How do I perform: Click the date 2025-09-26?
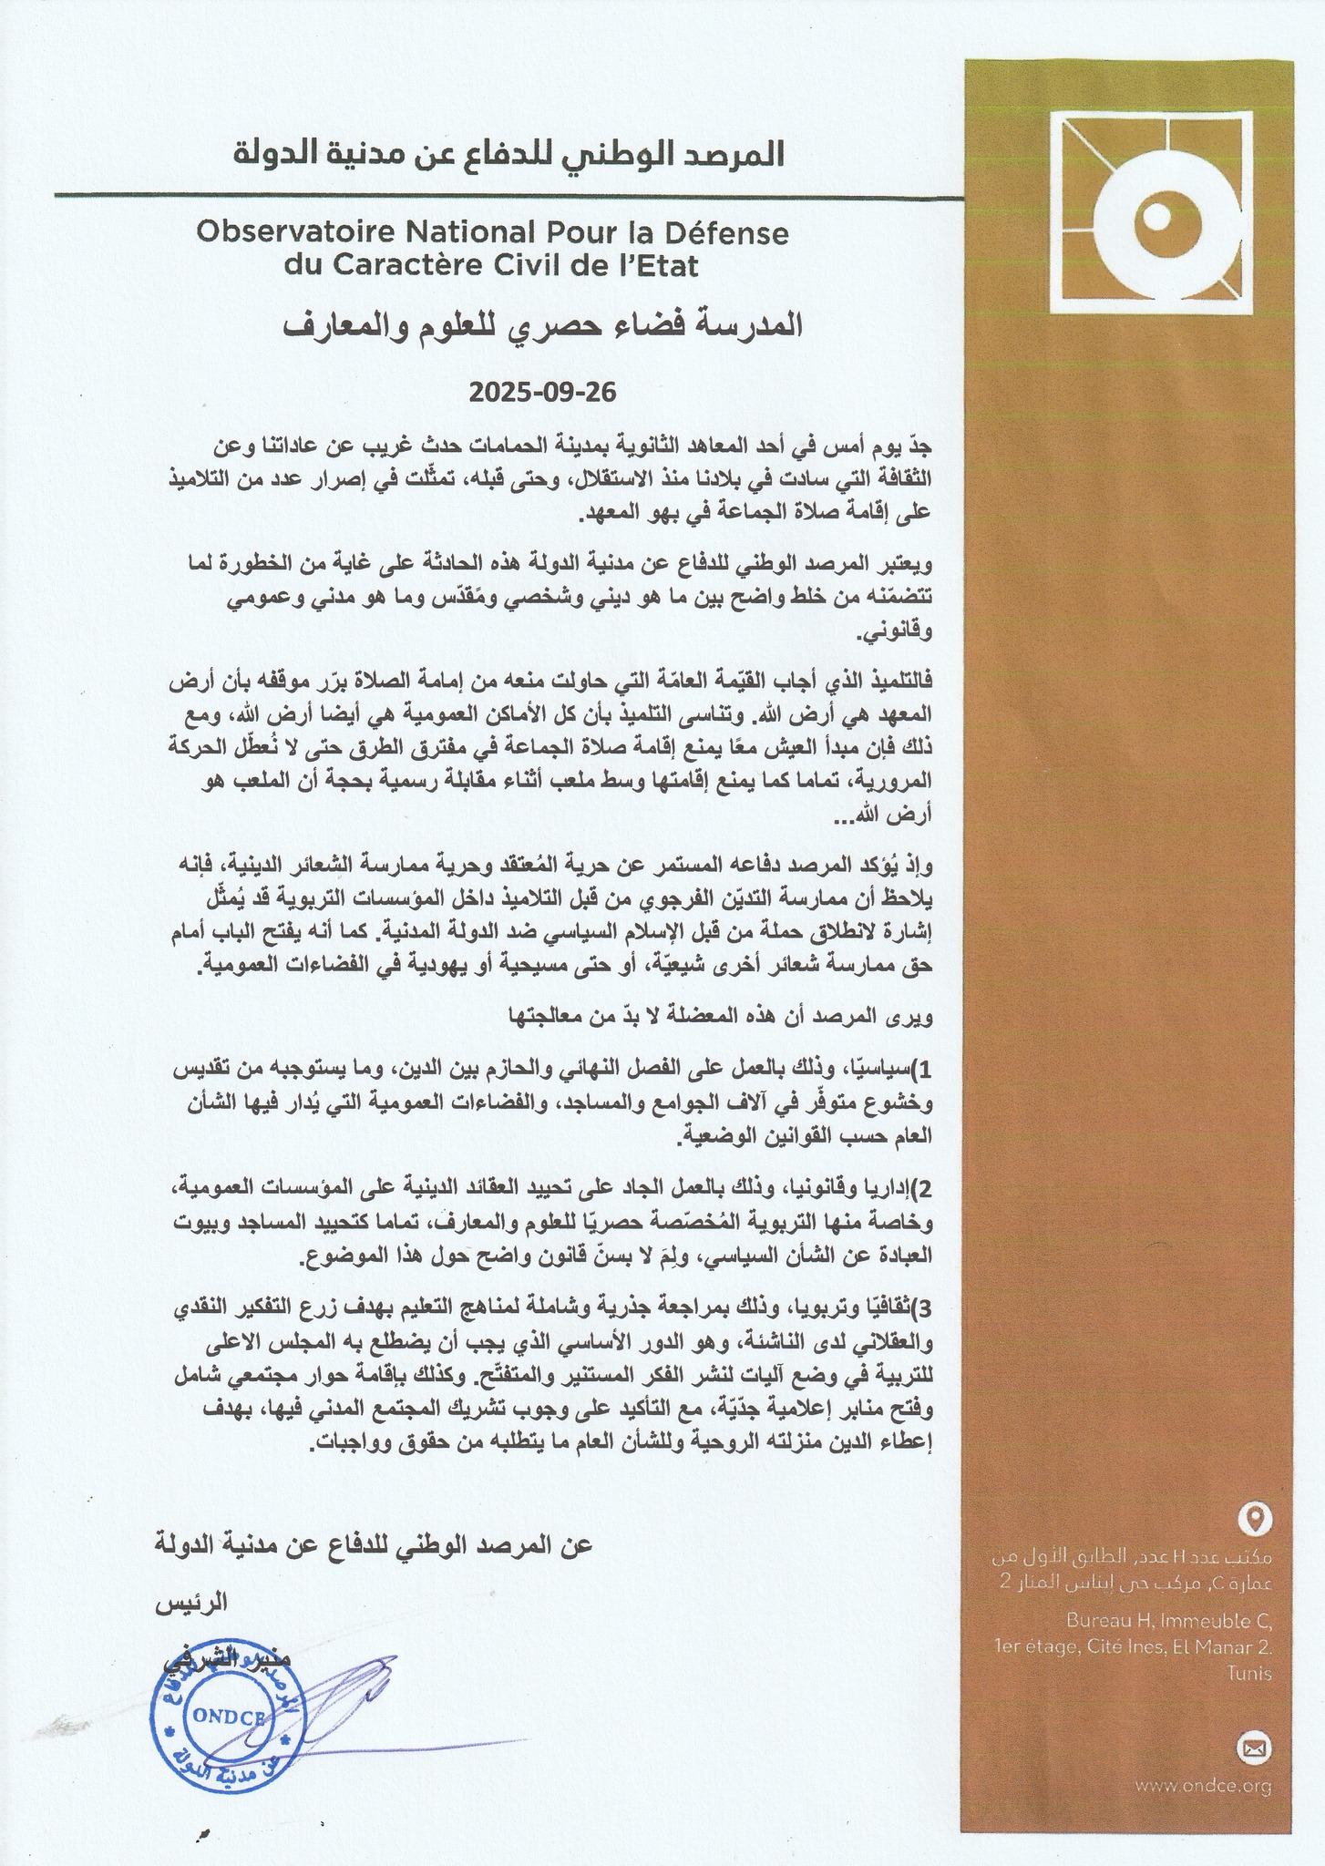[x=543, y=393]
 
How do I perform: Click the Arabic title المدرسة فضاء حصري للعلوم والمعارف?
[x=541, y=326]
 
